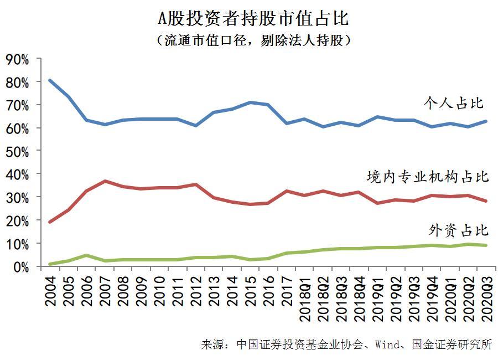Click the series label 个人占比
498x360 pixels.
click(x=453, y=103)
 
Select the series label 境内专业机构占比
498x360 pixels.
click(x=428, y=177)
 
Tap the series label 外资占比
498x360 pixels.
click(x=459, y=230)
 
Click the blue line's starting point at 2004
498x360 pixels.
click(x=50, y=80)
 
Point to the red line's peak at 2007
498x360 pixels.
click(x=105, y=181)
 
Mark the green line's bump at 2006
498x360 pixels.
click(x=87, y=255)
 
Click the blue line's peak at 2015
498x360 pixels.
click(x=250, y=102)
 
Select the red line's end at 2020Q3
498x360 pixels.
click(x=486, y=201)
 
